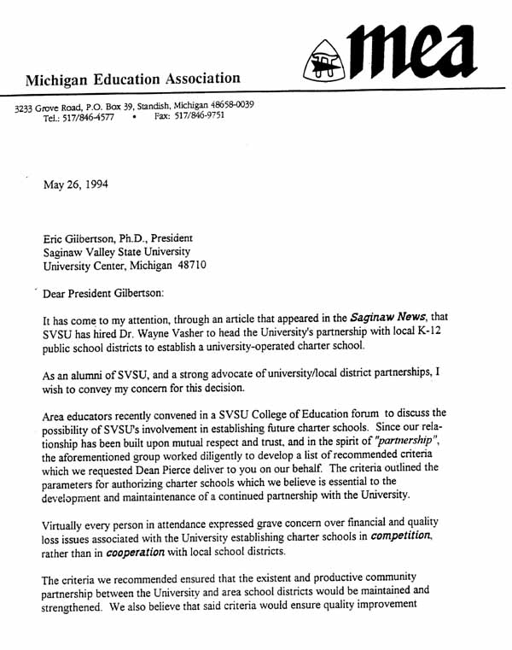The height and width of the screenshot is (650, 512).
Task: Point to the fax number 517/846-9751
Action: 202,116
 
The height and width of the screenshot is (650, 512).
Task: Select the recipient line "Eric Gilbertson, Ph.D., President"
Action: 118,237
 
